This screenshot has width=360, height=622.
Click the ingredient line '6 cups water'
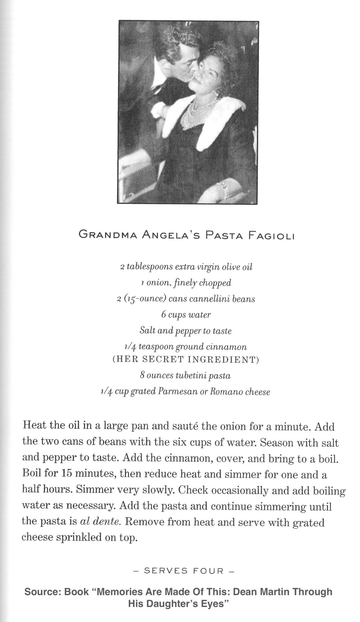click(186, 315)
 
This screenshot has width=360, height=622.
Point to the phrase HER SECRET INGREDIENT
click(185, 360)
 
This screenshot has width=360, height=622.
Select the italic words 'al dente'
click(101, 521)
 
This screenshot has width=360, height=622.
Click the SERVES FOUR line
click(184, 571)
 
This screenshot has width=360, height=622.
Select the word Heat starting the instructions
click(34, 426)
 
